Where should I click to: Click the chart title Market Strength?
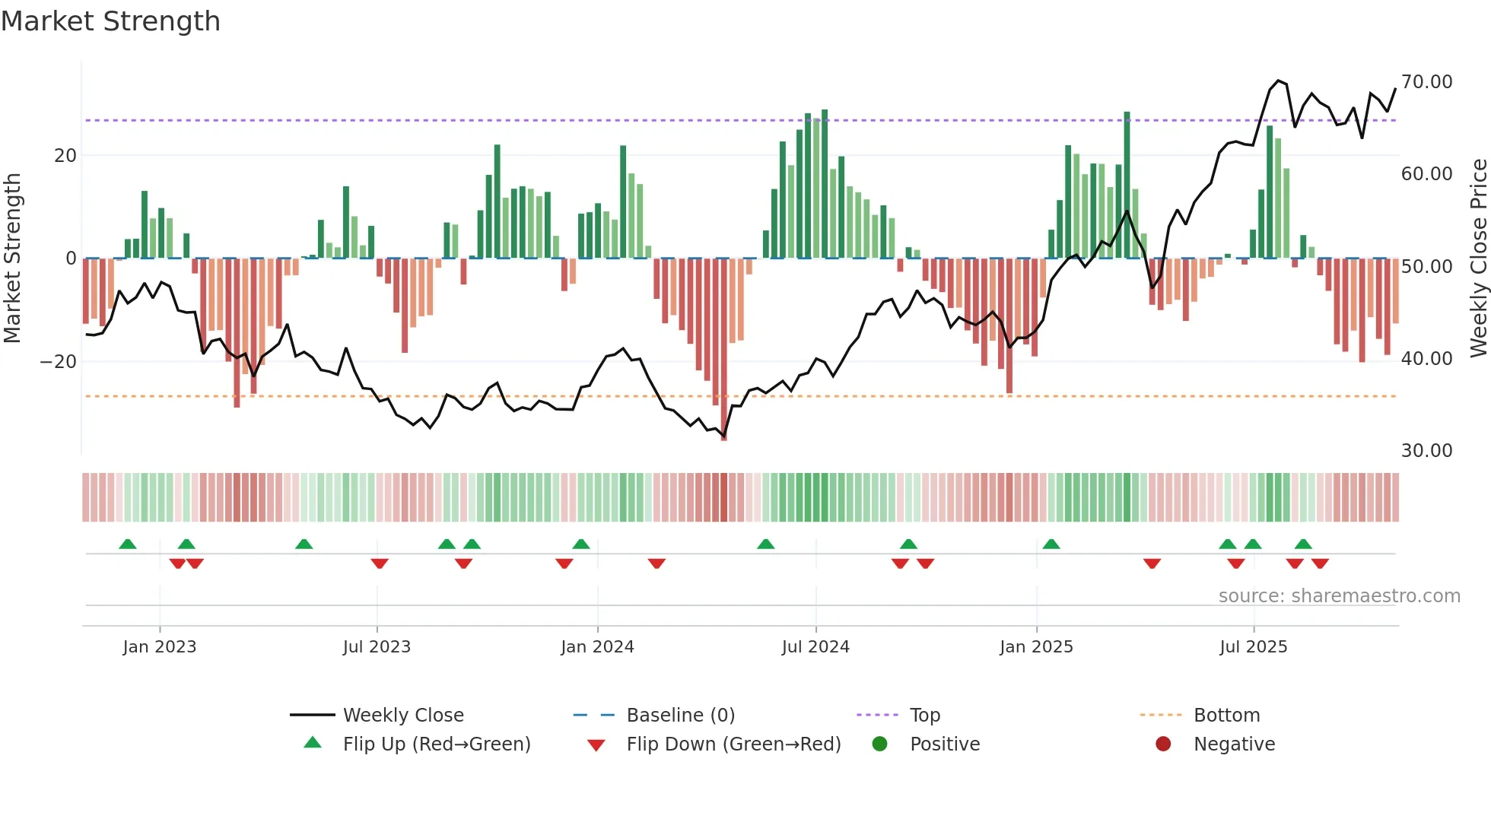(x=110, y=21)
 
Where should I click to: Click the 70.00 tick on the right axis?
(x=1426, y=82)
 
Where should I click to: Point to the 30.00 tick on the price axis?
(x=1426, y=451)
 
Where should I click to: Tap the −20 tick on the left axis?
(x=59, y=362)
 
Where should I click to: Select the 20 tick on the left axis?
(x=65, y=156)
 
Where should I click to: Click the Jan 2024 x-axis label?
(x=597, y=647)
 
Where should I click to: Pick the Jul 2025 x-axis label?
(x=1253, y=647)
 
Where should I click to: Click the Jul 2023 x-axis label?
(x=377, y=647)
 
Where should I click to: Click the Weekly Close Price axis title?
(x=1478, y=259)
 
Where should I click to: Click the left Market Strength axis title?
(x=12, y=259)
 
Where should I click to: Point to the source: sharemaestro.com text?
(x=1339, y=596)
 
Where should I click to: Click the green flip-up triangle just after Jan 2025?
(x=1051, y=544)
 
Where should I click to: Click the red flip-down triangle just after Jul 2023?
(x=380, y=563)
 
